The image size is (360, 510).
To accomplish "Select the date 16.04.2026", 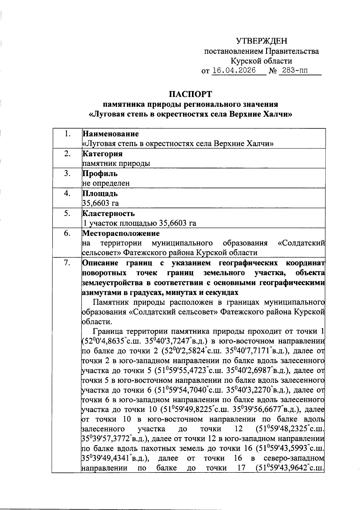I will click(234, 70).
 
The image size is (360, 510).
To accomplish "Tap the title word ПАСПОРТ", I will click(190, 94).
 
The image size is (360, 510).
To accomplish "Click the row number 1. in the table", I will click(67, 134).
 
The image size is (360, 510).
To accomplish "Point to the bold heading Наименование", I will click(110, 133).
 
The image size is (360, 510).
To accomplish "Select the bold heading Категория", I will click(102, 154).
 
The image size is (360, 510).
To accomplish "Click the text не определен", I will click(106, 183).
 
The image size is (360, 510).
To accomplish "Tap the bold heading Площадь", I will click(100, 193).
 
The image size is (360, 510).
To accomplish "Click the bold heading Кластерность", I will click(108, 214).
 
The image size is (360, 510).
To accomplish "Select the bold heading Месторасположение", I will click(121, 233).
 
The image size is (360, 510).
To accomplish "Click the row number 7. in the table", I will click(67, 263).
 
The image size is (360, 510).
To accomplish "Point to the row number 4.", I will click(67, 193).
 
